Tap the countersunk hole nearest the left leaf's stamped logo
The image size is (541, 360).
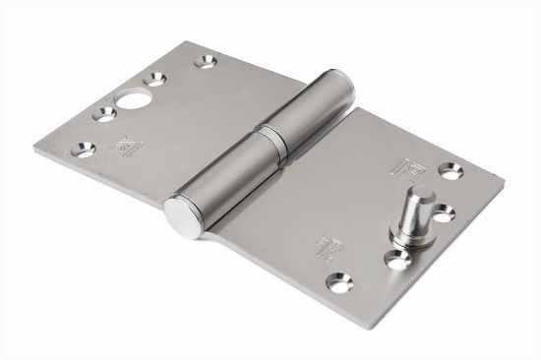tap(78, 150)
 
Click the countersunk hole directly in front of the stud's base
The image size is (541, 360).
tap(398, 260)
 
